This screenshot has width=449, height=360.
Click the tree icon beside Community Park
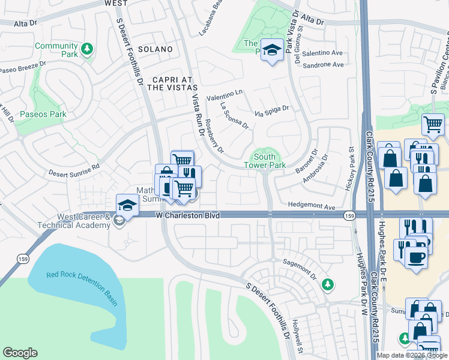(88, 49)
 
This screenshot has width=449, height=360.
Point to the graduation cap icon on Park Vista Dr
(273, 51)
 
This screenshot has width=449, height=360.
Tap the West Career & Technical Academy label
(84, 221)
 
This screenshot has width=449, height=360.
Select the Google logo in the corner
(20, 353)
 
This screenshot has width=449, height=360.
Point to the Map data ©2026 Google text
(412, 355)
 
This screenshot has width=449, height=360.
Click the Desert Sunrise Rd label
(74, 170)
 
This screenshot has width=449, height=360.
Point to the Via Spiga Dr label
(271, 110)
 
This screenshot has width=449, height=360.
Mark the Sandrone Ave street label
(323, 65)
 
